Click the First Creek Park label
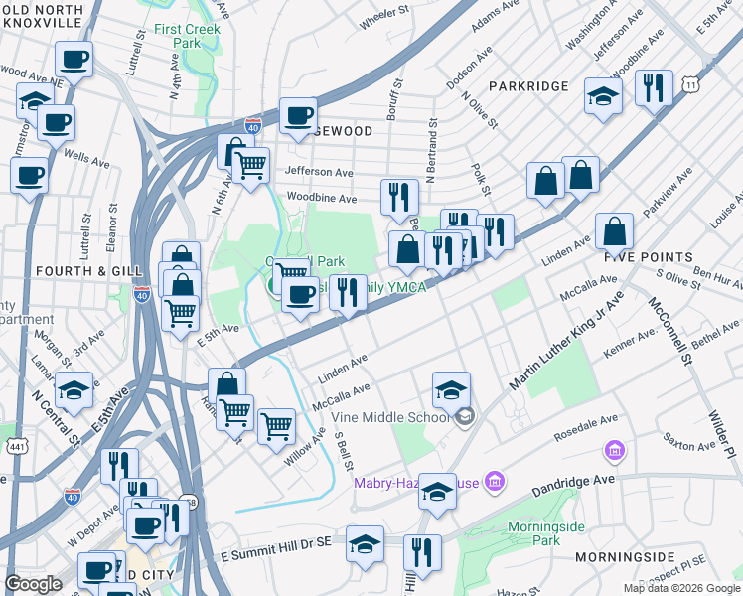click(189, 36)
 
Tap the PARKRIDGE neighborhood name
click(527, 87)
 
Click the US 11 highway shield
click(689, 87)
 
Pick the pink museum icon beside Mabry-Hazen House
click(496, 483)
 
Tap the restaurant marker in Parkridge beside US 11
click(655, 88)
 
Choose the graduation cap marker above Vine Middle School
click(451, 389)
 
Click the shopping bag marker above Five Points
click(615, 232)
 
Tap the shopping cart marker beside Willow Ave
click(276, 426)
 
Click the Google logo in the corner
click(33, 584)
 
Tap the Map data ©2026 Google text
click(680, 588)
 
